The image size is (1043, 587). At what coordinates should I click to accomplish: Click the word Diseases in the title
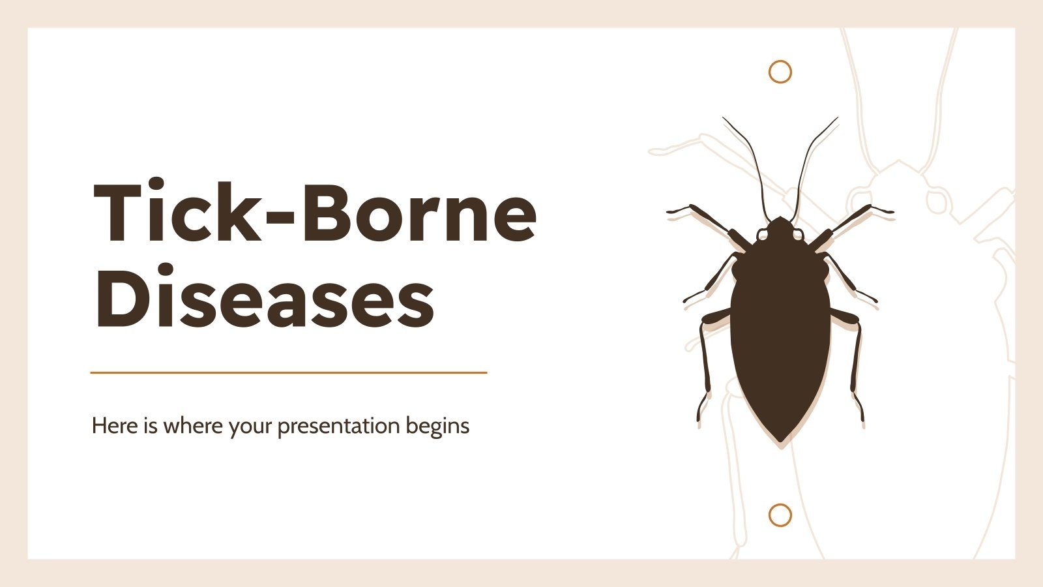tap(264, 297)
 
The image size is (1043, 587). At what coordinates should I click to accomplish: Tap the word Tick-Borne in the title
tap(315, 212)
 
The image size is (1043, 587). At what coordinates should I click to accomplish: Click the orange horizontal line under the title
tap(289, 372)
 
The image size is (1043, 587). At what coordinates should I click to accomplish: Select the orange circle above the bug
tap(780, 71)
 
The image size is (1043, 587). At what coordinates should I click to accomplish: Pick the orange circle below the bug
tap(780, 515)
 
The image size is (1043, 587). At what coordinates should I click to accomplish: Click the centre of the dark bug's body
tap(780, 326)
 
